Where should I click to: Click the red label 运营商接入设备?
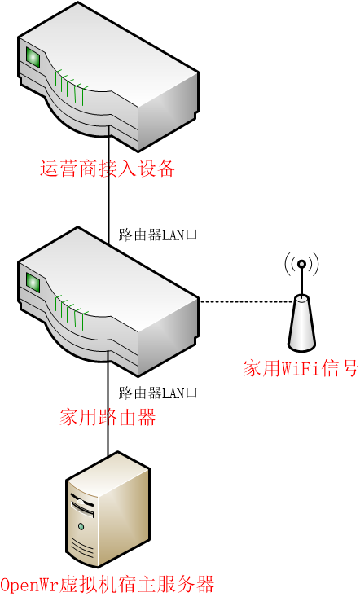[108, 169]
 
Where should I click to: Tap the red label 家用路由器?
[108, 417]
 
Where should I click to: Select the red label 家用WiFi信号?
[301, 368]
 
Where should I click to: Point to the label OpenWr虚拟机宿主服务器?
[108, 585]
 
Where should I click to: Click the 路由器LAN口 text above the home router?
[158, 235]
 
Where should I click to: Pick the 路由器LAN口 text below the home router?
[158, 393]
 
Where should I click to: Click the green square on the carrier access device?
[33, 58]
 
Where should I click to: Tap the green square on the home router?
[33, 283]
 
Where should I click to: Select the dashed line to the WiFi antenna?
[247, 301]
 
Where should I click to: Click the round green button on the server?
[81, 527]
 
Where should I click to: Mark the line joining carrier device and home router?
[108, 187]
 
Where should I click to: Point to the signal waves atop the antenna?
[302, 263]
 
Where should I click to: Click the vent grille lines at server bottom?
[82, 550]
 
